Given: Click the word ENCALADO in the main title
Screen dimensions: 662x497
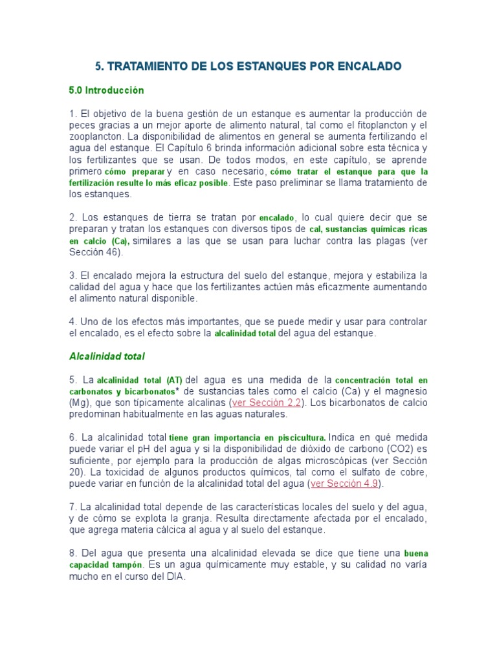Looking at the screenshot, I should (x=370, y=66).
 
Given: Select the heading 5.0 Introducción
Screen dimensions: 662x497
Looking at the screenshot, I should (x=106, y=90).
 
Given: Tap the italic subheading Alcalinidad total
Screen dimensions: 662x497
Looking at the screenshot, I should (x=107, y=356).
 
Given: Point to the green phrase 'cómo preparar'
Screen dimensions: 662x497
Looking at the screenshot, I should (x=134, y=172).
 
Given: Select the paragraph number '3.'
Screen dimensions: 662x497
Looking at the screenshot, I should (x=73, y=275).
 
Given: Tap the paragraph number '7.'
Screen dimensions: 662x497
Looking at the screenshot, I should (x=73, y=506).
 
